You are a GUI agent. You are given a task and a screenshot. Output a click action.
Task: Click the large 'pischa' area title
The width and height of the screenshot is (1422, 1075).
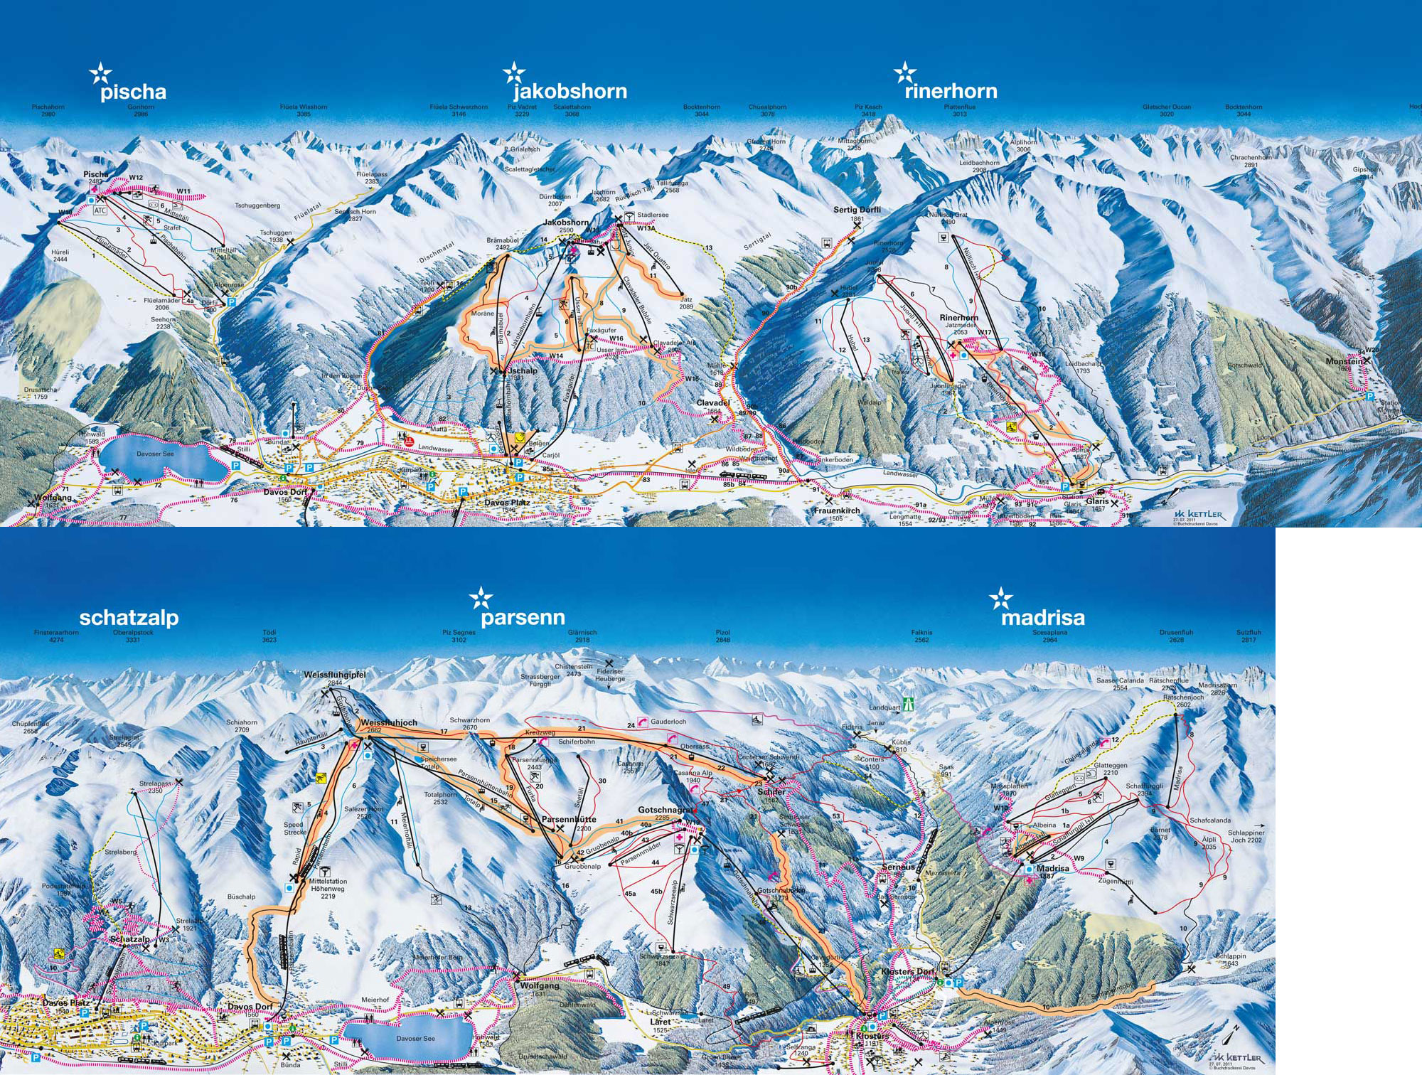(133, 92)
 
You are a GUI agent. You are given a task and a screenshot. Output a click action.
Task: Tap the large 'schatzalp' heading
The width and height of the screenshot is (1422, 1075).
(129, 617)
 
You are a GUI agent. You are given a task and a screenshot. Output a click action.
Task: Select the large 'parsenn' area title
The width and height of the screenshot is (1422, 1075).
(523, 617)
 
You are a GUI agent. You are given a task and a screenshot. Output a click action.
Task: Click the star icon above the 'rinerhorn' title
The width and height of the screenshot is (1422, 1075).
(904, 73)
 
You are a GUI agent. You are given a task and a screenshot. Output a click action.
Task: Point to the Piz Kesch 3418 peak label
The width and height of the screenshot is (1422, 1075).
(867, 110)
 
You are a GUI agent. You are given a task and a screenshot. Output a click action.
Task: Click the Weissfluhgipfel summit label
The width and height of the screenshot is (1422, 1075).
(335, 675)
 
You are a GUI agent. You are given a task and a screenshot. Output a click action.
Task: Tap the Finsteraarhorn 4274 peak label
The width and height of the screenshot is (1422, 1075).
(56, 636)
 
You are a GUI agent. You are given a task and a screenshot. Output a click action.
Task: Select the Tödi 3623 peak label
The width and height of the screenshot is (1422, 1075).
(269, 636)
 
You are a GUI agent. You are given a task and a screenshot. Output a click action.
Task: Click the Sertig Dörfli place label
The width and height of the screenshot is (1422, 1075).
(857, 210)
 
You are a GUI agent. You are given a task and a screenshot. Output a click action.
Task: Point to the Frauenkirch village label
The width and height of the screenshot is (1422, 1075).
(837, 510)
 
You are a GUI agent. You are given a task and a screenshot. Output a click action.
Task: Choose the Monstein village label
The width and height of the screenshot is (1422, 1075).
(1344, 361)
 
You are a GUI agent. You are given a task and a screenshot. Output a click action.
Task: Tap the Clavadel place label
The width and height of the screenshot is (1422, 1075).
(712, 403)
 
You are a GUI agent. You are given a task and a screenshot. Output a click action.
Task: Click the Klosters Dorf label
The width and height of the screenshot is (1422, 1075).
(907, 971)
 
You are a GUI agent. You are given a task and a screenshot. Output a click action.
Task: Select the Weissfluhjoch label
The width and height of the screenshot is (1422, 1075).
(389, 722)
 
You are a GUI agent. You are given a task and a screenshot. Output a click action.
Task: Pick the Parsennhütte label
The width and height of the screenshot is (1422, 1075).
(569, 820)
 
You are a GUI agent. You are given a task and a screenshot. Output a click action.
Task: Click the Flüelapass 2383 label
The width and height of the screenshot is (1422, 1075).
(372, 178)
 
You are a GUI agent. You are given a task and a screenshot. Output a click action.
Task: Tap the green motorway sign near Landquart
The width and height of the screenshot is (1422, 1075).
(908, 704)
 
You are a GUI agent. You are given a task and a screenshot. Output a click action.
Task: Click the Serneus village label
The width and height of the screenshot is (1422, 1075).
(899, 867)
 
